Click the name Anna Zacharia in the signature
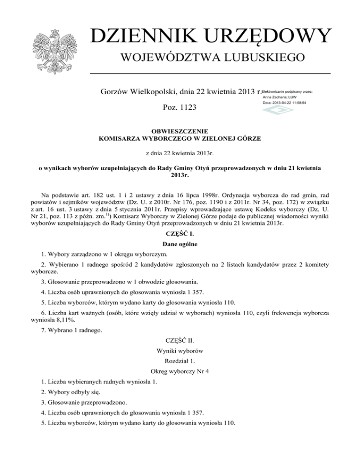pyautogui.click(x=281, y=97)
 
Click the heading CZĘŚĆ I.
pyautogui.click(x=180, y=233)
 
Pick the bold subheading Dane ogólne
pyautogui.click(x=180, y=244)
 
